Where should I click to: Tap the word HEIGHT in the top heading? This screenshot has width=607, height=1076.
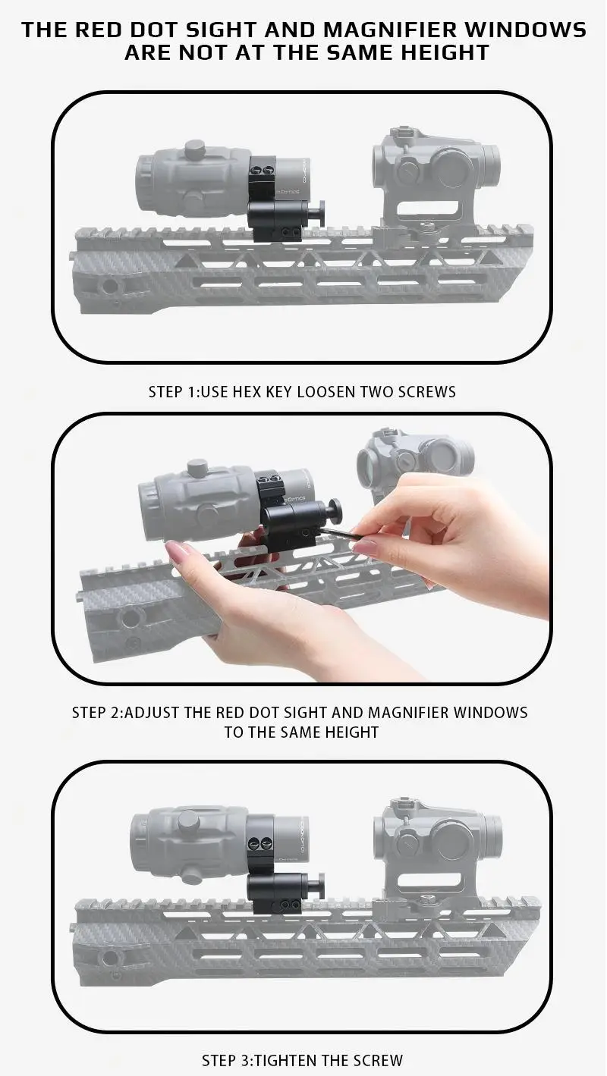(445, 52)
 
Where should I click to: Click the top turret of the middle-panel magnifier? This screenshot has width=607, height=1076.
(197, 466)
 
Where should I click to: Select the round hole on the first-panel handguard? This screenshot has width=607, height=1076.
(109, 285)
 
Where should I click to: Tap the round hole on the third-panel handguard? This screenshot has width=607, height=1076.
(109, 958)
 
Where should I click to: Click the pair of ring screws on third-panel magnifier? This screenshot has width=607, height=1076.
(260, 842)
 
